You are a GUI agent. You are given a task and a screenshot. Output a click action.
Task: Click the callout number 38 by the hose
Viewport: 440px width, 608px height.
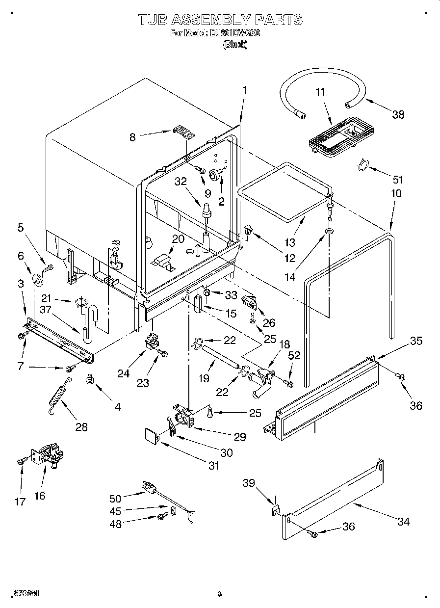coord(398,114)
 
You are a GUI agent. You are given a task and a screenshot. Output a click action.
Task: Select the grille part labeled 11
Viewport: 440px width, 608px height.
coord(342,137)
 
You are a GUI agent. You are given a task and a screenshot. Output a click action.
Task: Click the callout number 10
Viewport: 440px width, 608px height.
coord(396,193)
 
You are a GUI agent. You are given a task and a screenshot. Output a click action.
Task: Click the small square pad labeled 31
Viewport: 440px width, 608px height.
coord(153,435)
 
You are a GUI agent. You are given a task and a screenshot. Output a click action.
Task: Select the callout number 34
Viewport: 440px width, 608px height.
coord(403,522)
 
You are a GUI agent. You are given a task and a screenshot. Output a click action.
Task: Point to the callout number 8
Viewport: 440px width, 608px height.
coord(132,138)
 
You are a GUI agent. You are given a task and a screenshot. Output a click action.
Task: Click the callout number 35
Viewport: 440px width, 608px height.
coord(416,341)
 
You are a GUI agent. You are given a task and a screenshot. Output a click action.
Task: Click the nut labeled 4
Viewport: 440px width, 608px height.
coord(89,379)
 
